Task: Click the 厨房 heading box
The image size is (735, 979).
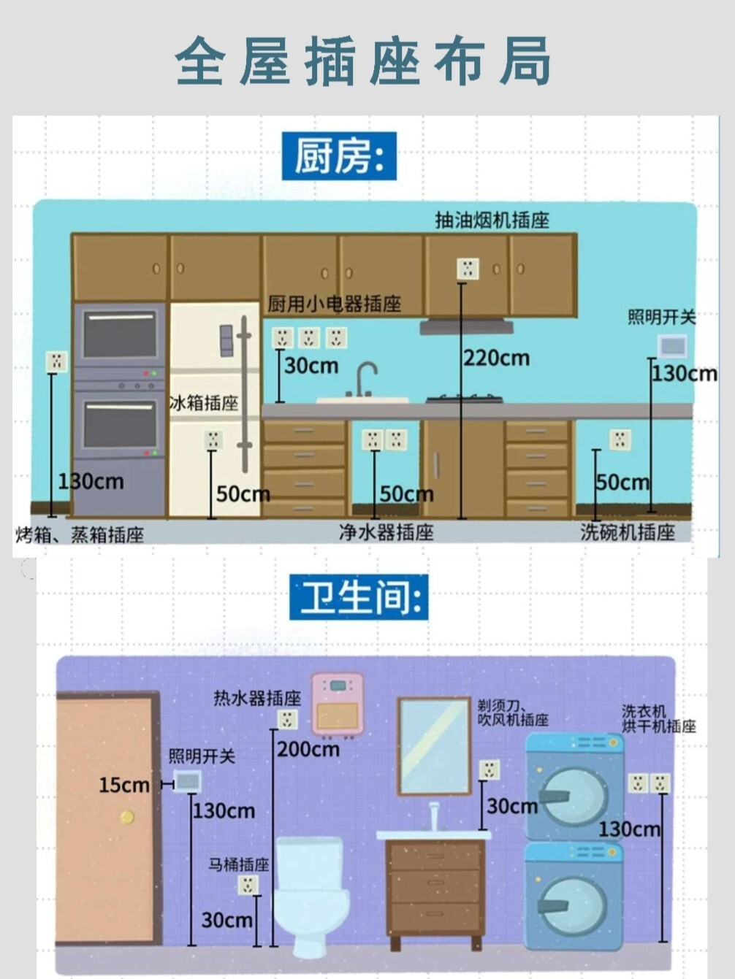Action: point(339,156)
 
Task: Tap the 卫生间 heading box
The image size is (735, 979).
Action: point(359,597)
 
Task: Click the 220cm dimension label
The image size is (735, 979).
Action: point(497,358)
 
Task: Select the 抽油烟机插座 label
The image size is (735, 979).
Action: point(492,220)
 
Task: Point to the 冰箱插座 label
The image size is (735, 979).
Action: point(204,403)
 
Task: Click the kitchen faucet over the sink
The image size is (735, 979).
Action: point(365,377)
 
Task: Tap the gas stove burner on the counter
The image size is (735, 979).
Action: point(465,399)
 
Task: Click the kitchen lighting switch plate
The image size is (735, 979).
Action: point(672,345)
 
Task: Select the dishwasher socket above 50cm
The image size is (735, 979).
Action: point(620,439)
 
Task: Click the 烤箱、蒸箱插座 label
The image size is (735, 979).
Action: point(80,535)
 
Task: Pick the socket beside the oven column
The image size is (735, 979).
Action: point(56,361)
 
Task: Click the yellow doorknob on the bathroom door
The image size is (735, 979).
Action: point(127,817)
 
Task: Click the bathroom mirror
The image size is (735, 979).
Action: point(434,745)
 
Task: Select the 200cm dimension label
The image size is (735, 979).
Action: point(308,750)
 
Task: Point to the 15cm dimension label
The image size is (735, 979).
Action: point(124,786)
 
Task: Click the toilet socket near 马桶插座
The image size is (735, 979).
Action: point(248,886)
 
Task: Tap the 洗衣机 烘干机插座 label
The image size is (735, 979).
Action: point(658,718)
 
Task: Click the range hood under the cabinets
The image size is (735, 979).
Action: point(466,326)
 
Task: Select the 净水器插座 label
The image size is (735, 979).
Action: point(386,532)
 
